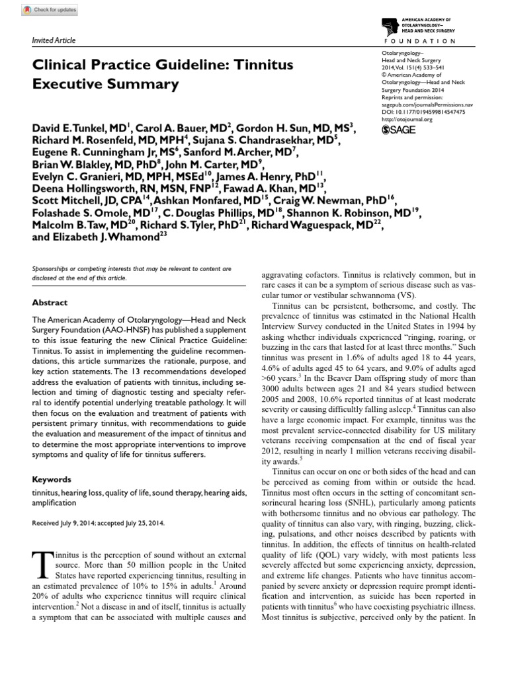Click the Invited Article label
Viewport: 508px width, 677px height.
coord(54,40)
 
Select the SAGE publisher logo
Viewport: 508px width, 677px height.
coord(401,130)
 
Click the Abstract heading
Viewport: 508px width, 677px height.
coord(50,303)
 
